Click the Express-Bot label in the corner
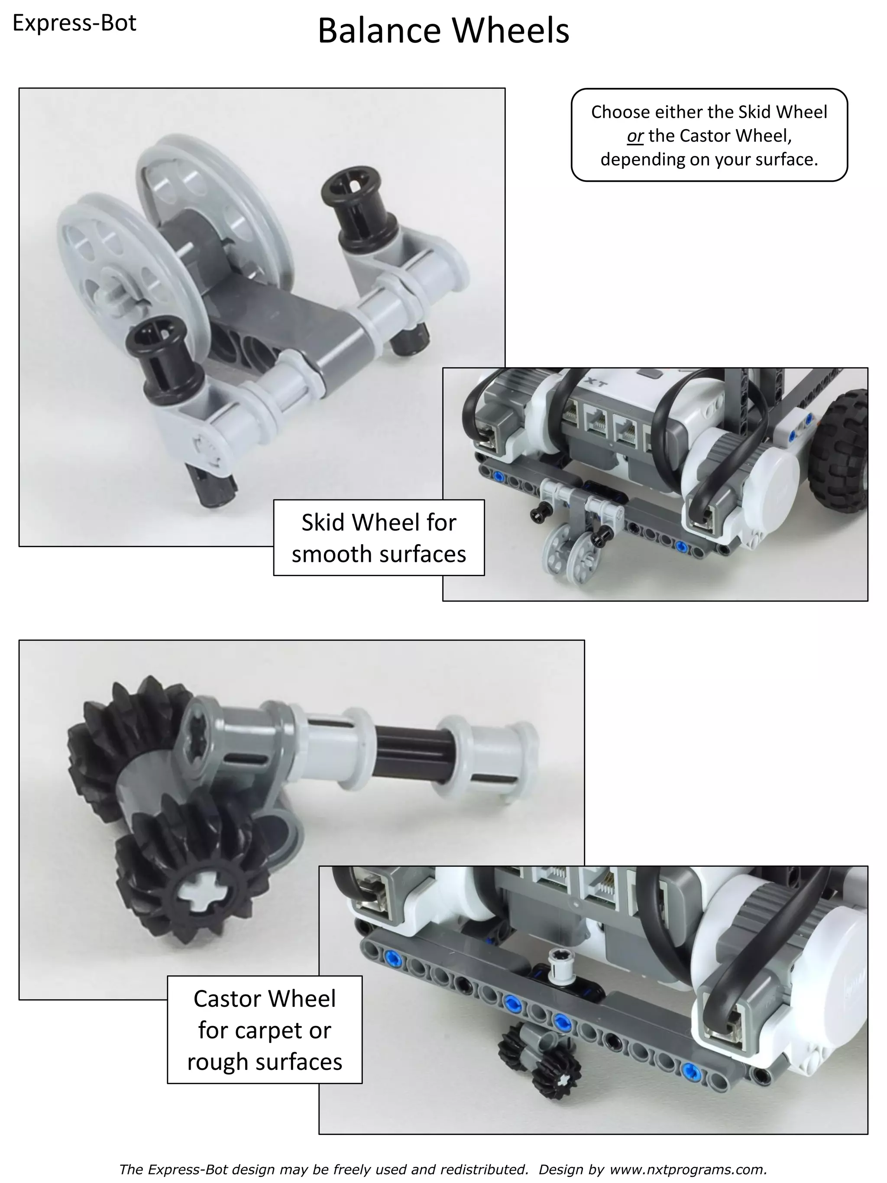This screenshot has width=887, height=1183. click(74, 23)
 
